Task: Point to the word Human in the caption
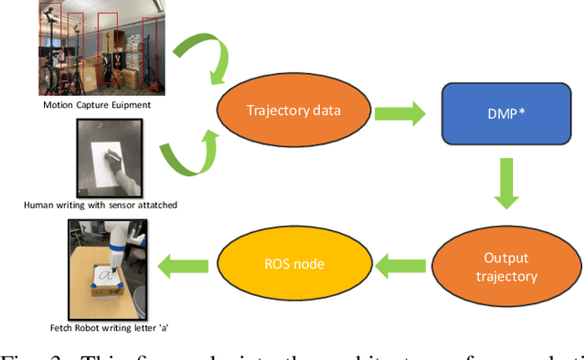(x=40, y=206)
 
